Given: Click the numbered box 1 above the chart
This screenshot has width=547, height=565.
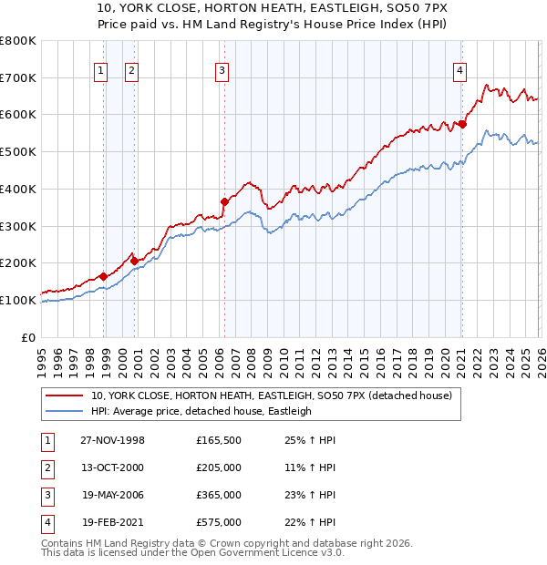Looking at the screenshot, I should (100, 70).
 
